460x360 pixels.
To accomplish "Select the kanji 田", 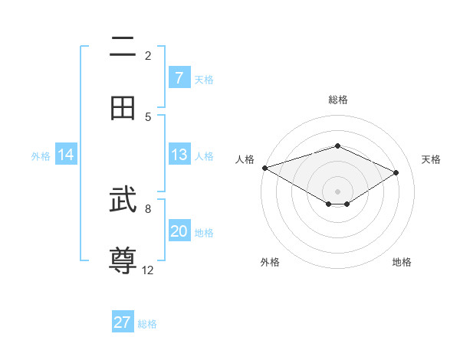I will coord(123,108).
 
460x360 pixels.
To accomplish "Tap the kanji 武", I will coord(123,201).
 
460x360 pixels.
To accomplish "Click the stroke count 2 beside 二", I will coord(148,55).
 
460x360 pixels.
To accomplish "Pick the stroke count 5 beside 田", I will coord(148,116).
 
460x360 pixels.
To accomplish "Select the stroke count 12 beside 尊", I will coord(148,270).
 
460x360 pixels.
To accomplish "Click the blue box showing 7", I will coord(179,77).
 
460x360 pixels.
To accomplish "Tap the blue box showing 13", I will coord(179,155).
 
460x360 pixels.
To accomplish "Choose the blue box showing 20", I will coord(179,231).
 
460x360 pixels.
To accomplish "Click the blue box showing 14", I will coord(66,155).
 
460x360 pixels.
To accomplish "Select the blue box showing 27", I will coord(123,322).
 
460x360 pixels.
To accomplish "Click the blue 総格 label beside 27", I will coord(147,324).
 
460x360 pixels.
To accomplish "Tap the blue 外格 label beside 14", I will coord(41,156).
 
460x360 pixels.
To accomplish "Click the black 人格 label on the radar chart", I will coord(245,159).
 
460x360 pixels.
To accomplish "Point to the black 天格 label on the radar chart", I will coord(431,159).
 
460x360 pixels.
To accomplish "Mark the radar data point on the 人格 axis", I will coord(264,168).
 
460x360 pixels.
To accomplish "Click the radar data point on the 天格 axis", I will coord(396,172).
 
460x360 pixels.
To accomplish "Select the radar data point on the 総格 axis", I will coord(337,146).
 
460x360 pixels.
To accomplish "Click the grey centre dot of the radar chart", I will coord(337,191).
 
